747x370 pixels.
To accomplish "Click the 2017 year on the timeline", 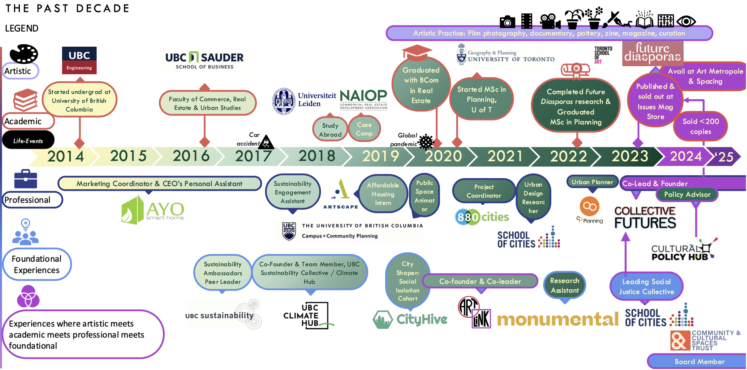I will point(253,156).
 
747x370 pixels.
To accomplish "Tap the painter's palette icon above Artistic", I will point(24,54).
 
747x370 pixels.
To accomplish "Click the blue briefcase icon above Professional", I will point(26,179).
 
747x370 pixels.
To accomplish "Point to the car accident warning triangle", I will point(266,142).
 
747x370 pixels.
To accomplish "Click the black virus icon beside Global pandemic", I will point(426,142).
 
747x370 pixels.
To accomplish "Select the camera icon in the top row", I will point(507,22).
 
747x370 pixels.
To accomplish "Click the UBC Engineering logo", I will point(79,60).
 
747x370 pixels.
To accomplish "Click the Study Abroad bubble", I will point(330,130).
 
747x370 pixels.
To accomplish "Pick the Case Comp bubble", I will point(364,129).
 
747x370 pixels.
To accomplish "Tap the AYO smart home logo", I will point(153,210).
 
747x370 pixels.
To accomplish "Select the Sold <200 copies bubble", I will point(700,126).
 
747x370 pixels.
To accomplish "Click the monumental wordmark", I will point(557,319).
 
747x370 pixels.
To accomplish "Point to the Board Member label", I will point(699,361).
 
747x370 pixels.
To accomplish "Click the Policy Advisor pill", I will point(687,194).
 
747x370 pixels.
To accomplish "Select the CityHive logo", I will point(410,319).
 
